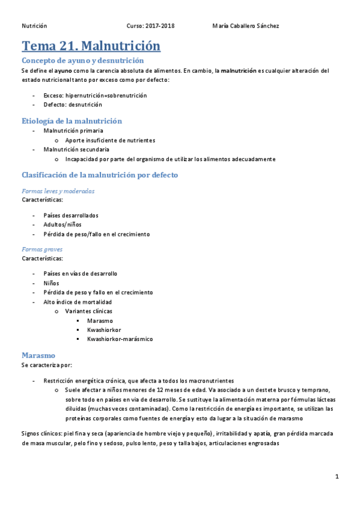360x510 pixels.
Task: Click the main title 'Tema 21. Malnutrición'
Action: pos(91,46)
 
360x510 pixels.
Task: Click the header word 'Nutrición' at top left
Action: pos(34,26)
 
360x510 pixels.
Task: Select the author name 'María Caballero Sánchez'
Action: pos(246,26)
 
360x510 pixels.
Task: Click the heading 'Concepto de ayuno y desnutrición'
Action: pos(82,61)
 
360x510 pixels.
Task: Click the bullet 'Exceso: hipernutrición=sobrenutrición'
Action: pos(95,95)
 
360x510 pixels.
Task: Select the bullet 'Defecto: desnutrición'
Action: pos(73,104)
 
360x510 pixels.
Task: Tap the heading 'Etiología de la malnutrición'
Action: pos(72,121)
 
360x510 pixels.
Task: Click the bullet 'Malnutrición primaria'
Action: pos(73,131)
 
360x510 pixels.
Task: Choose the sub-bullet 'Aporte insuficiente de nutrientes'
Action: pos(110,140)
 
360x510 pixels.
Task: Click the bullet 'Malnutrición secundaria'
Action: pos(76,149)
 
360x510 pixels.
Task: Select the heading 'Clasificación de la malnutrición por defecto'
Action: pos(99,175)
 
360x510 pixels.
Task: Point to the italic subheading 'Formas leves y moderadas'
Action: pos(58,191)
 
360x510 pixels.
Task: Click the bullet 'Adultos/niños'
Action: pos(61,224)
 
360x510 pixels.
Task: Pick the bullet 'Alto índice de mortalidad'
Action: pos(78,302)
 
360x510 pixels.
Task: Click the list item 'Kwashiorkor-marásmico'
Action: pos(120,339)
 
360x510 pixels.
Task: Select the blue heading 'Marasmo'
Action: pos(38,355)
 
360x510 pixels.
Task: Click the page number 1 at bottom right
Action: pos(337,477)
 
